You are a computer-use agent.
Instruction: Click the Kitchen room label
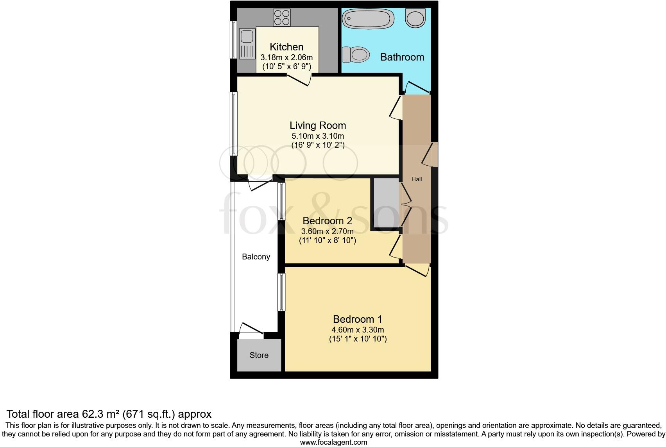point(286,47)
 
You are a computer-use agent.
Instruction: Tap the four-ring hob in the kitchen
point(282,17)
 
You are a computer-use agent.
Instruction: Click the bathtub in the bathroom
point(368,19)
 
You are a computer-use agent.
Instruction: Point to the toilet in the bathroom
point(355,54)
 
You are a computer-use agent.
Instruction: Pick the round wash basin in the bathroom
point(415,18)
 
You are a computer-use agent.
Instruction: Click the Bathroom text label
point(402,57)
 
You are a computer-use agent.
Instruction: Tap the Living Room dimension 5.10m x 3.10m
point(318,136)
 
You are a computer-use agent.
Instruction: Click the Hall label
point(417,179)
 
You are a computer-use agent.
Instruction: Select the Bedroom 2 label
point(327,221)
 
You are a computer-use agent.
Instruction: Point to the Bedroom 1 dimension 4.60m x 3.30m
point(358,330)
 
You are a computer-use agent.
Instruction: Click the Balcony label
point(256,257)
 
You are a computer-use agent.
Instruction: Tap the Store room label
point(259,355)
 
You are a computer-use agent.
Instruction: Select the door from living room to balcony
point(260,184)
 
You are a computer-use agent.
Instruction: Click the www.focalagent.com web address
point(333,442)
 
